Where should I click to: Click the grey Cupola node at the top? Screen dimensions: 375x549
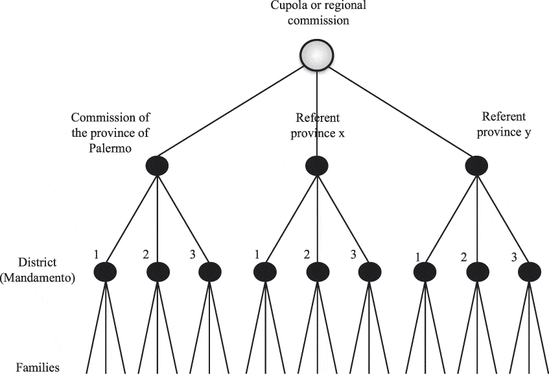317,56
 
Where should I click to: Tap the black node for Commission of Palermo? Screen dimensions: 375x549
157,166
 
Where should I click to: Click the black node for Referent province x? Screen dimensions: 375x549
317,166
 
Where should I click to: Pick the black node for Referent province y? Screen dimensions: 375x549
478,166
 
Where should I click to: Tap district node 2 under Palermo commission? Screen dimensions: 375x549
158,271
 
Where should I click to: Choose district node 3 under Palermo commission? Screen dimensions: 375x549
209,271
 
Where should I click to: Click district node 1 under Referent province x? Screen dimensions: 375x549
264,271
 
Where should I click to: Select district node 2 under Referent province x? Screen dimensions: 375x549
317,271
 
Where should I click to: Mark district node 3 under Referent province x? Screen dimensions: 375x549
369,271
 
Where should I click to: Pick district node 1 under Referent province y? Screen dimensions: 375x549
425,271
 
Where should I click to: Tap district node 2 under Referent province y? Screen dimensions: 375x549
478,271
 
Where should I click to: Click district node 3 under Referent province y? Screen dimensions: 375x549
530,271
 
